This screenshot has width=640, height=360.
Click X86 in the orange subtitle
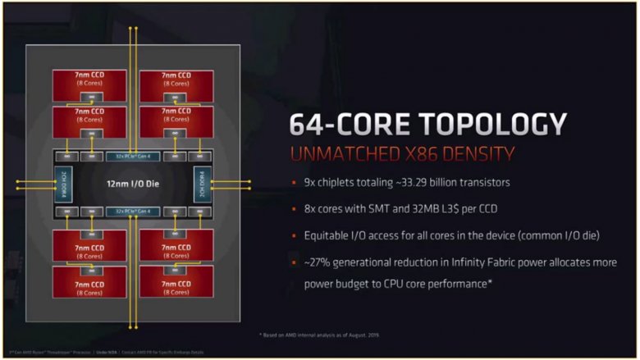424,153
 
